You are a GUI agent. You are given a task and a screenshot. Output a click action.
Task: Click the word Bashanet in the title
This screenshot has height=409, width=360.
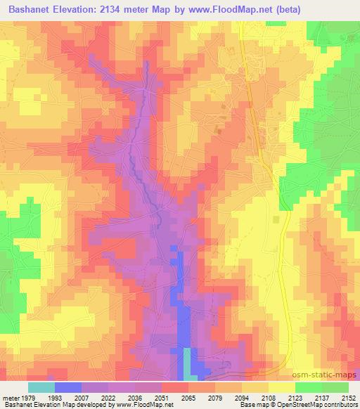click(30, 9)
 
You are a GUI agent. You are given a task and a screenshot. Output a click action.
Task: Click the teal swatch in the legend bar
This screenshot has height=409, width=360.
click(41, 387)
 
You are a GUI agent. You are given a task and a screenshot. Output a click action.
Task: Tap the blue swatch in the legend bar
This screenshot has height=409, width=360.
click(67, 387)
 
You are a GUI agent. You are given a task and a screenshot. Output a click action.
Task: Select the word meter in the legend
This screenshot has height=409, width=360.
click(11, 397)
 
